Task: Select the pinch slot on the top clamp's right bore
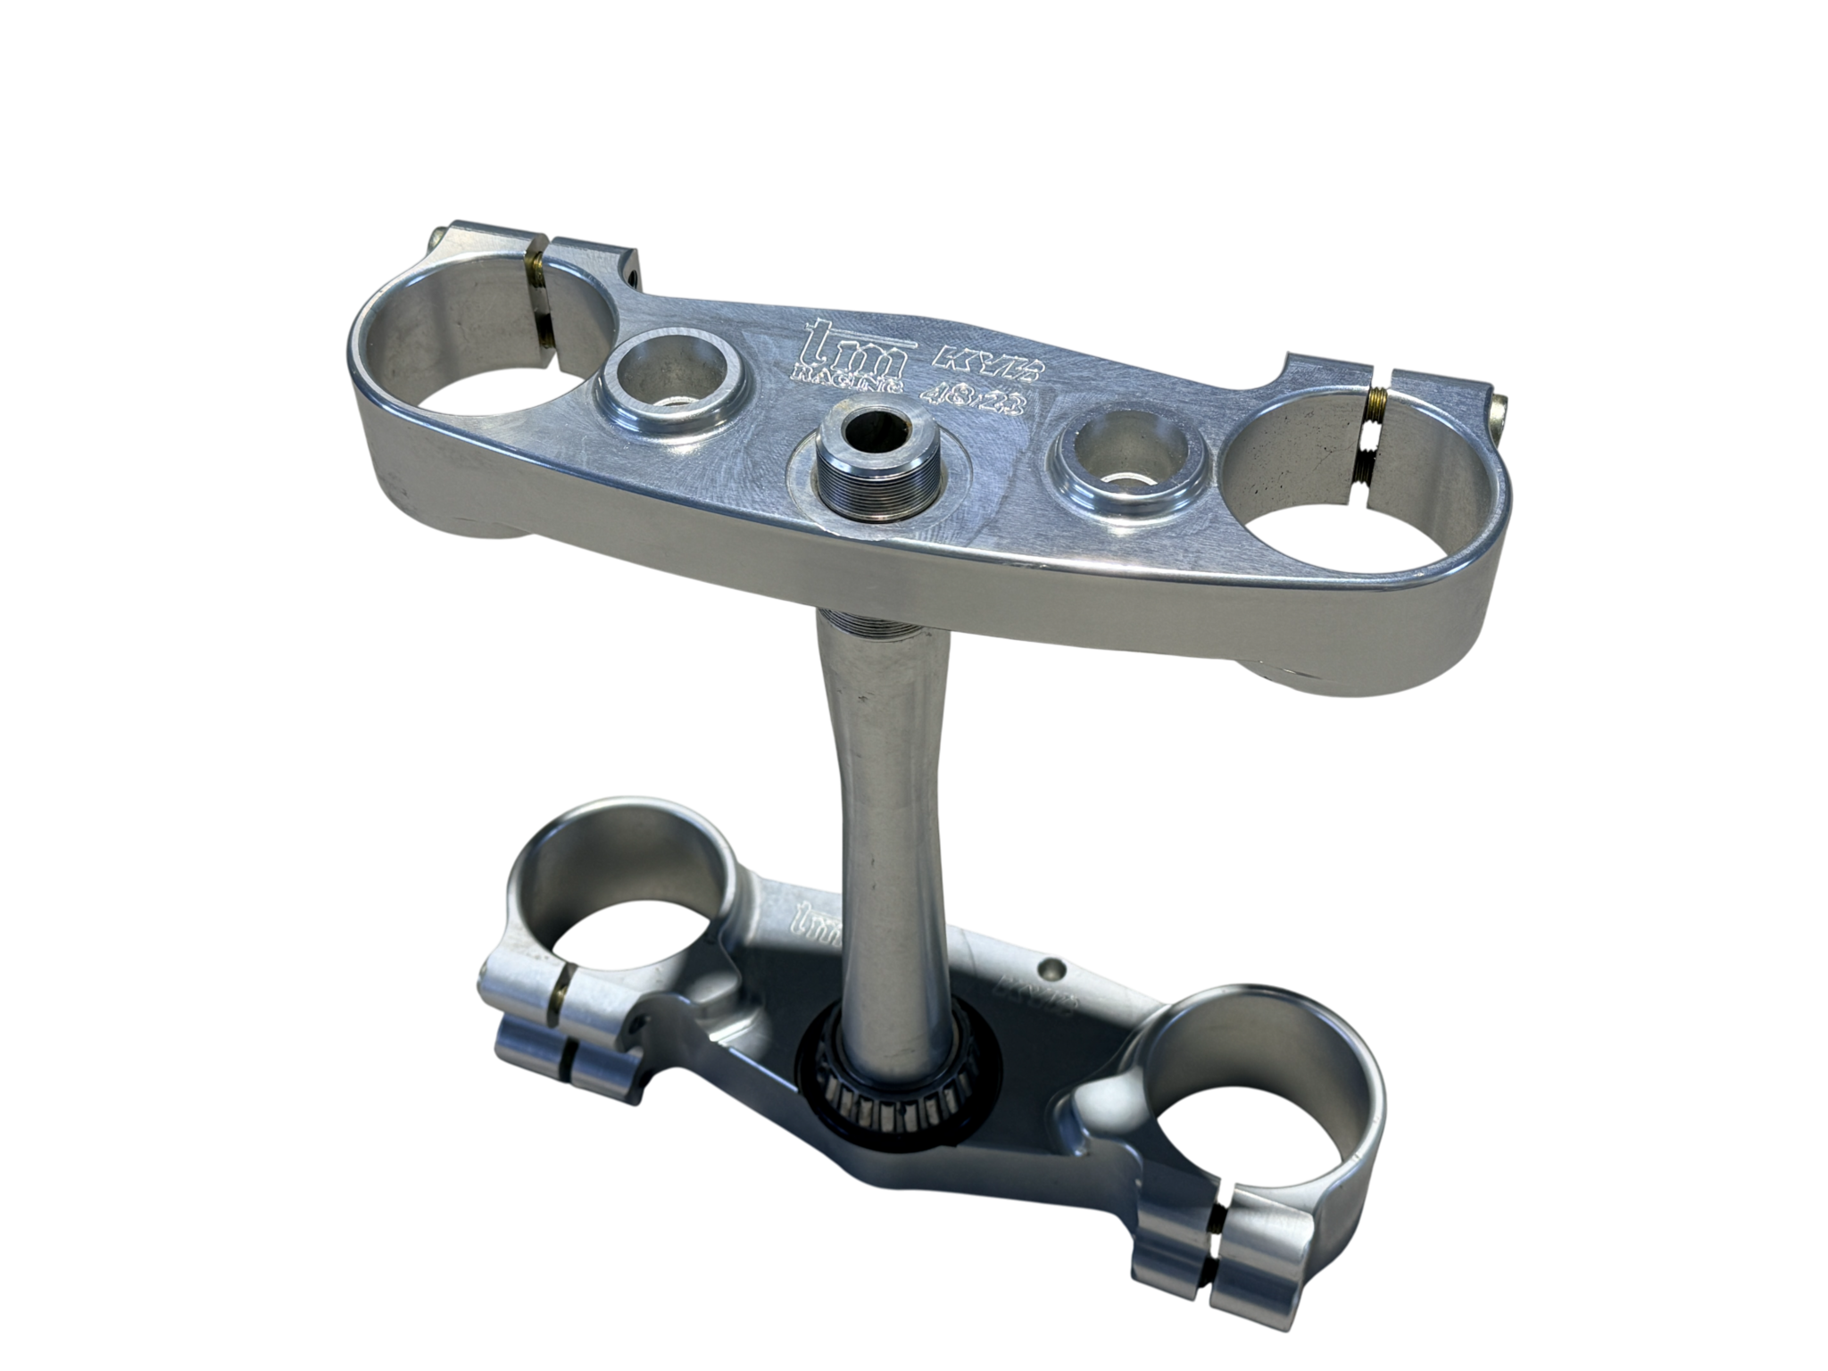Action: pyautogui.click(x=1374, y=428)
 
